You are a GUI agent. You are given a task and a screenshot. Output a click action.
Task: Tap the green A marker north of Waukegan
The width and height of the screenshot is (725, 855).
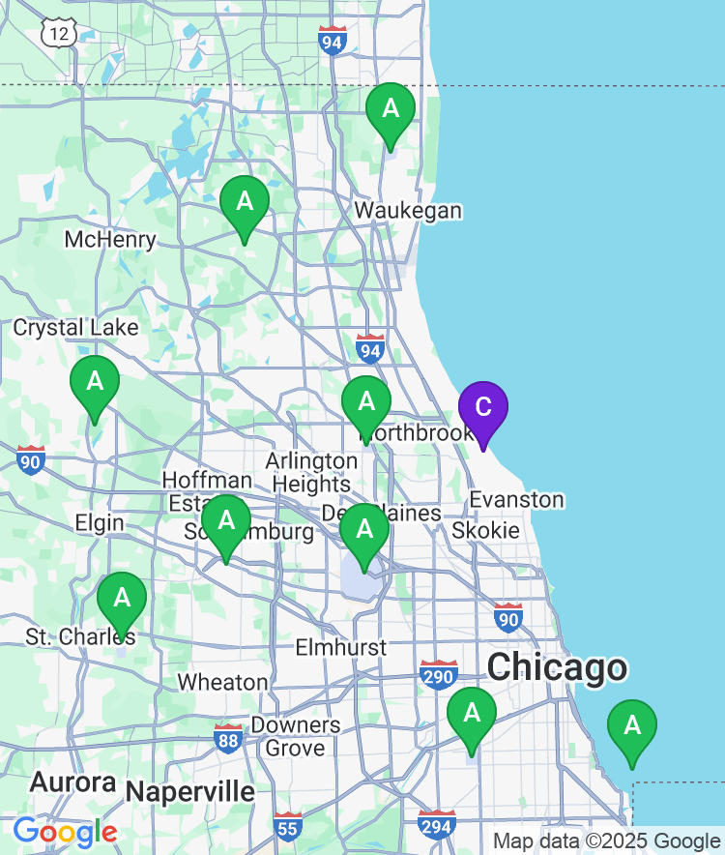(x=391, y=109)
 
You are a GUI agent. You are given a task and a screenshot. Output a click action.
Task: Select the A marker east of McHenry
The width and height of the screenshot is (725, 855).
(x=245, y=203)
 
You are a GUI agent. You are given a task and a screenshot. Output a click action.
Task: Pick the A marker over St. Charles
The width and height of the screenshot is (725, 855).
(x=122, y=599)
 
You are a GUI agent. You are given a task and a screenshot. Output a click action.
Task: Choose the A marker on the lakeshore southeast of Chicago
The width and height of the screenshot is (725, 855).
(x=632, y=726)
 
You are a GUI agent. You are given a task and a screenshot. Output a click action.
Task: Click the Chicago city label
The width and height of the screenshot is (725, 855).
(x=557, y=668)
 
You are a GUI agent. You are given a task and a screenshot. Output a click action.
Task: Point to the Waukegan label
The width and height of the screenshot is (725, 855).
(x=407, y=211)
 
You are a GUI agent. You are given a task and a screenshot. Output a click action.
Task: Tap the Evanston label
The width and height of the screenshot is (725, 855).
(x=516, y=499)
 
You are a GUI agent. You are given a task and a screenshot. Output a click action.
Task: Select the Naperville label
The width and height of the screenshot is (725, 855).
(x=190, y=792)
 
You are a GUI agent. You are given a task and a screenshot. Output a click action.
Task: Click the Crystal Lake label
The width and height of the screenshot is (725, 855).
(x=75, y=328)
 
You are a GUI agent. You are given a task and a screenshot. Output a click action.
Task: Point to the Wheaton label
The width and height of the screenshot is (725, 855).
(x=222, y=682)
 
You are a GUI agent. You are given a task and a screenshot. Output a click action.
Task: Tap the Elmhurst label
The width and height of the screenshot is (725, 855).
(x=340, y=647)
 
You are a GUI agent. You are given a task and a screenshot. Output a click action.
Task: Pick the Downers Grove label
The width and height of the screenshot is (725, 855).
(x=296, y=736)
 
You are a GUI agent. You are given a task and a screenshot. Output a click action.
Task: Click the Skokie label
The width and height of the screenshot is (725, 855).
(x=485, y=530)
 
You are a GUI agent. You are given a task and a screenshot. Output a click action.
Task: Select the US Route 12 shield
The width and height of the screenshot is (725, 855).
(x=58, y=32)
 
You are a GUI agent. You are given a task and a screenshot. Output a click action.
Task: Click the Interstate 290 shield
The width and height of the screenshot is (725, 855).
(x=439, y=674)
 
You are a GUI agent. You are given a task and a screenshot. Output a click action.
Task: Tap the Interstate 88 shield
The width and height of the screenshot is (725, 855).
(x=229, y=738)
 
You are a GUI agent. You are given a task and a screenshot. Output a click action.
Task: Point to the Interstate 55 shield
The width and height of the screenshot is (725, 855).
(x=287, y=826)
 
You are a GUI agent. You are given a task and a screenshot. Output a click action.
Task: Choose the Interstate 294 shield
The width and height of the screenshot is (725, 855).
(x=437, y=824)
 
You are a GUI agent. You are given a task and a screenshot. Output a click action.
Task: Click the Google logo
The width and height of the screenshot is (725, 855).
(x=65, y=831)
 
